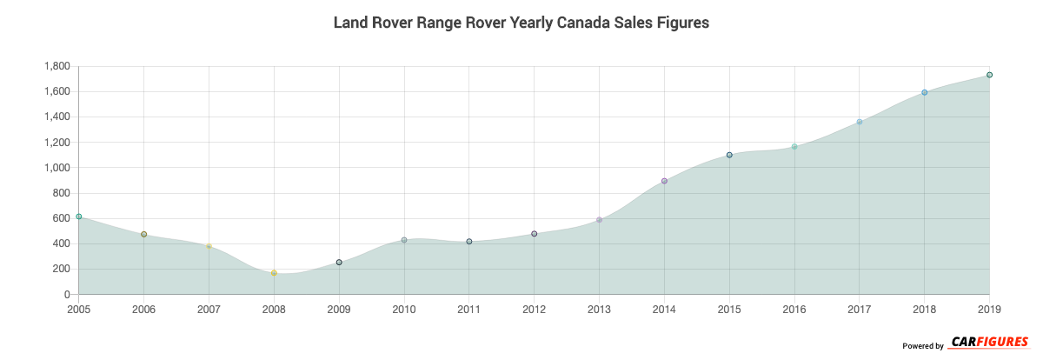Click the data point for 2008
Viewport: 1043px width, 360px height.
click(x=274, y=273)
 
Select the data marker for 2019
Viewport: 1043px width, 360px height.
click(x=989, y=75)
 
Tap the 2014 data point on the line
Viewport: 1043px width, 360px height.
click(x=664, y=181)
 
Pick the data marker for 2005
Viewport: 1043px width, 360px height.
click(x=78, y=217)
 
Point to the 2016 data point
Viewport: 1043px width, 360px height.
click(x=794, y=146)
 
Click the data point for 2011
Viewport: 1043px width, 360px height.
click(x=469, y=242)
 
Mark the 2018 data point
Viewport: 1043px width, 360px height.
click(x=925, y=92)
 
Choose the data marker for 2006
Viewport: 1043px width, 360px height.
click(x=143, y=234)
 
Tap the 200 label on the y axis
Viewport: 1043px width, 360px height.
click(x=61, y=269)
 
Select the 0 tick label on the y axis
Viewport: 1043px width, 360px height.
click(x=66, y=295)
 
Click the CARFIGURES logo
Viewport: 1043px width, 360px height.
click(x=989, y=342)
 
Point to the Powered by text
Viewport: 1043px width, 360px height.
click(x=922, y=346)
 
